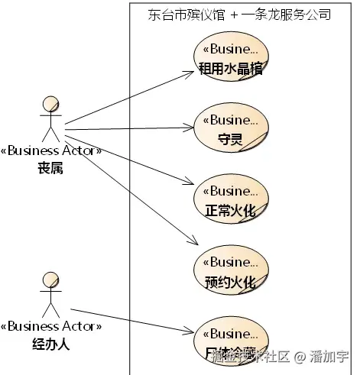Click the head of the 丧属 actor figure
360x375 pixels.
tap(50, 104)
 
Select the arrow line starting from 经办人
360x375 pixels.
tap(130, 320)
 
